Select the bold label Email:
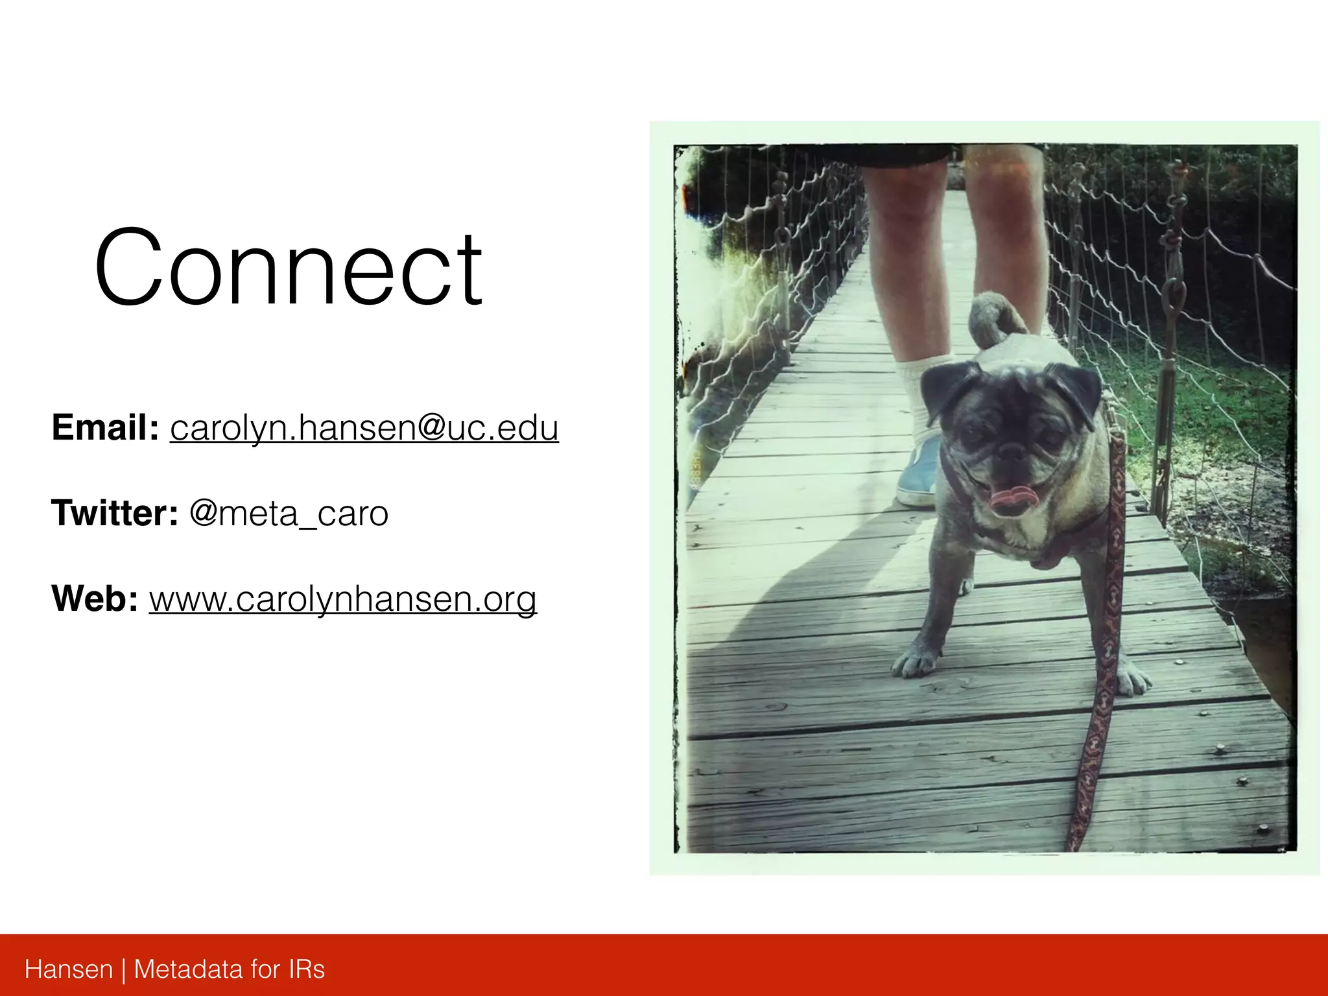[x=105, y=427]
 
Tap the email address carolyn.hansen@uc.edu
[x=364, y=427]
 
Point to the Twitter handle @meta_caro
[x=289, y=514]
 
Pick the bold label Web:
[x=95, y=598]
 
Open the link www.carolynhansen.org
[x=342, y=598]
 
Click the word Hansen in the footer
[x=69, y=969]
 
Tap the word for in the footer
[x=265, y=969]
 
